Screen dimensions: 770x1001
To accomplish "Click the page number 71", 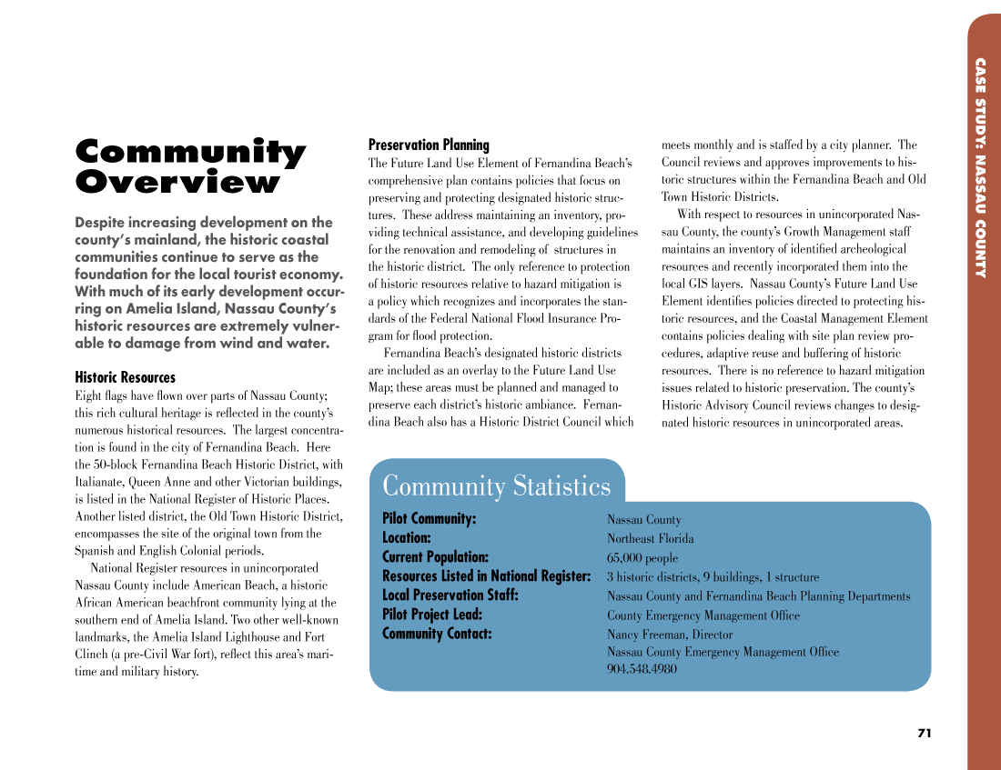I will [x=924, y=734].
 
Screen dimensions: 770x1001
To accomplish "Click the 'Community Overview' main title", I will [x=190, y=167].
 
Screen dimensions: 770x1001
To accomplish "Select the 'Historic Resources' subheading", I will [x=125, y=377].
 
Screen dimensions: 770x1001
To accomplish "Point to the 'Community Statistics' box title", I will [x=496, y=485].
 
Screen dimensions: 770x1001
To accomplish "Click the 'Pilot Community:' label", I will [x=429, y=519].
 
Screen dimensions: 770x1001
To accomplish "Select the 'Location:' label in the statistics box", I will [x=406, y=538].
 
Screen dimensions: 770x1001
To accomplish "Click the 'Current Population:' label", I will [x=435, y=557].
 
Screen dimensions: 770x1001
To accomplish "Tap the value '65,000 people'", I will [x=642, y=558].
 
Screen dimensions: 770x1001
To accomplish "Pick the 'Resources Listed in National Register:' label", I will [x=486, y=576].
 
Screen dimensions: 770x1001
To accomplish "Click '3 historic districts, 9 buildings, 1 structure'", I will [x=713, y=577].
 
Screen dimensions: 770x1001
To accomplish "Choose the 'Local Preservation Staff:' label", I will [x=450, y=595].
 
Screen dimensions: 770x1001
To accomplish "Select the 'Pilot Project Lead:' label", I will [x=431, y=615].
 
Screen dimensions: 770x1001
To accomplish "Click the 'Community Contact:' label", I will [x=437, y=634].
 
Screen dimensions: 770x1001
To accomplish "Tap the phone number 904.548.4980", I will [x=642, y=669].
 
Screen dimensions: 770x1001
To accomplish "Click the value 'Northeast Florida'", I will [x=650, y=539].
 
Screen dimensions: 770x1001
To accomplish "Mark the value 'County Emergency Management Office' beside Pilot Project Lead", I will [x=703, y=615].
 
